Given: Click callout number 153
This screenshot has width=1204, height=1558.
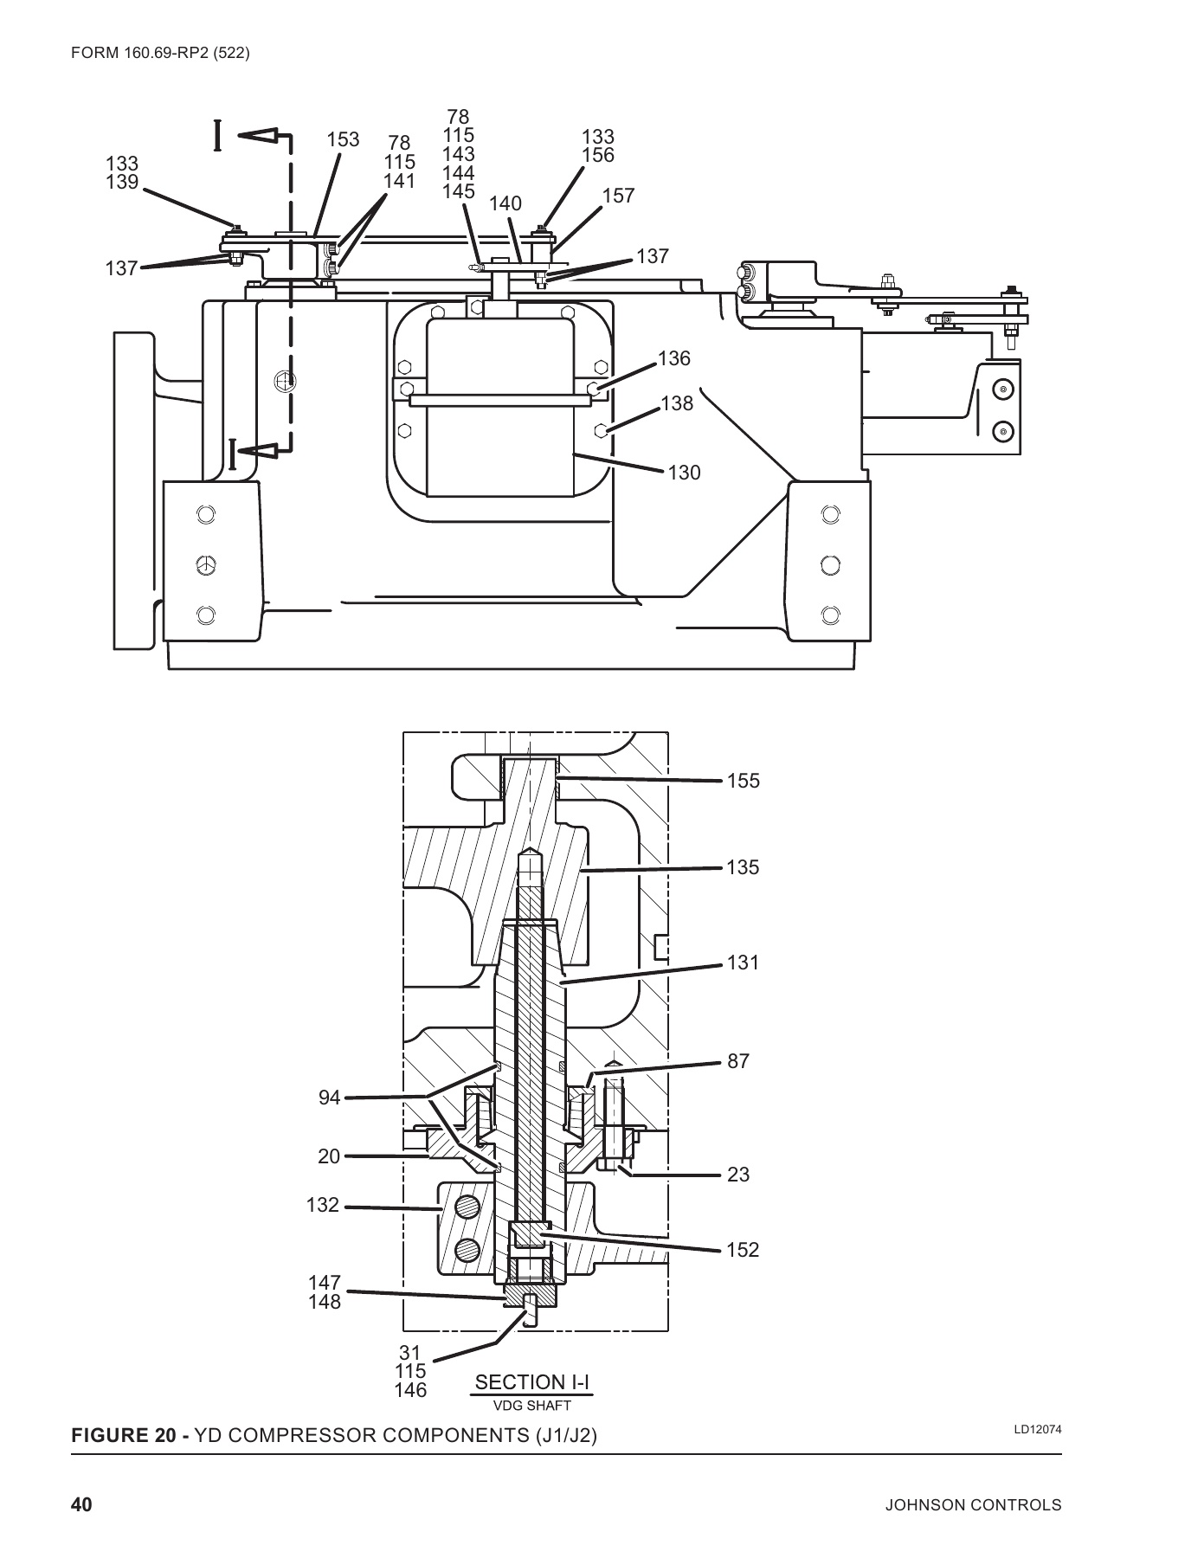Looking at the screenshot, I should (343, 140).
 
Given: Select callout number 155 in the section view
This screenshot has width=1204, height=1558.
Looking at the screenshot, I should (743, 781).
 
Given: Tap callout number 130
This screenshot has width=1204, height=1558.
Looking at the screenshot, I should (684, 473).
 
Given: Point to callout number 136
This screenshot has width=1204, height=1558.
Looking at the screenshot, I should (674, 358).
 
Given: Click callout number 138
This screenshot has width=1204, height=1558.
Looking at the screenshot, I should (677, 403).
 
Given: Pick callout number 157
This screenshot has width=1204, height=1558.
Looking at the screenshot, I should (619, 196).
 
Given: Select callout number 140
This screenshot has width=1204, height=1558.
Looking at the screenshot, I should (505, 204).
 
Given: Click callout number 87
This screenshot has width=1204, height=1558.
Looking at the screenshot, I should (738, 1061).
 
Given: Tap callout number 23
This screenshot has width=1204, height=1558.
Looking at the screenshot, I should (738, 1175).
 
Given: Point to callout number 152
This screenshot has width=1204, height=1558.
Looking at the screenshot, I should (743, 1250).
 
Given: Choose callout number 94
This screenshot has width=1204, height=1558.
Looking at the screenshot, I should (330, 1098).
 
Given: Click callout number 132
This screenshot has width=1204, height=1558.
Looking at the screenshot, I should (323, 1205).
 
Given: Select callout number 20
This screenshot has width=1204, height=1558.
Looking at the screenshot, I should (329, 1156).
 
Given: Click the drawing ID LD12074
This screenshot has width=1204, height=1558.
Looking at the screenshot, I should (1038, 1429).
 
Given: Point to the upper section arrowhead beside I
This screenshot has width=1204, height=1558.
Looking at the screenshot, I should (258, 137).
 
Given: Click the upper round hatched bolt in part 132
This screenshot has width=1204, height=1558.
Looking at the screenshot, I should (467, 1206).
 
